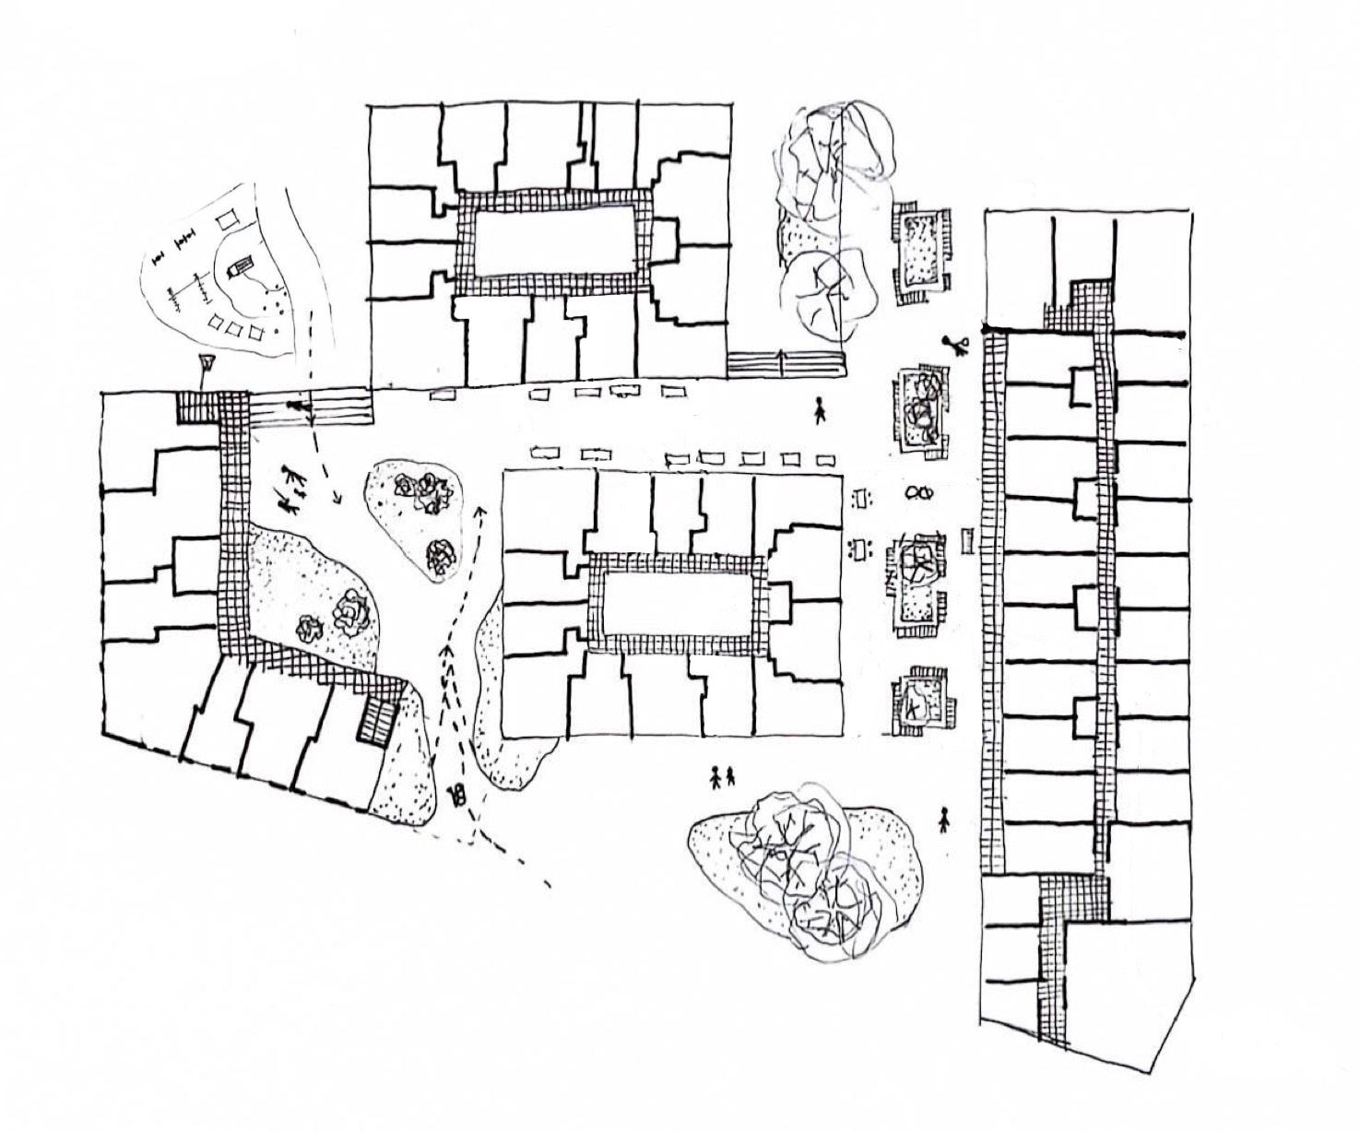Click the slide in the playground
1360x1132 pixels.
click(237, 266)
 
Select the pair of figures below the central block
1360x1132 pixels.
click(722, 777)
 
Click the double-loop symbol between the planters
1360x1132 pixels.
click(918, 492)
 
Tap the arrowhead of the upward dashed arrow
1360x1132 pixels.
click(479, 507)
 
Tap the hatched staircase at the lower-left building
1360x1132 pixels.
click(376, 718)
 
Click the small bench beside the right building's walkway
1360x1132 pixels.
click(966, 539)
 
